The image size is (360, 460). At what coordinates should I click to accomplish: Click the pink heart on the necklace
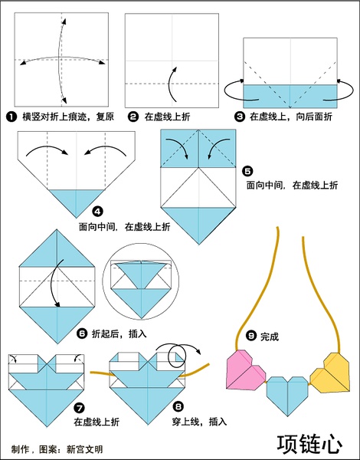click(x=245, y=370)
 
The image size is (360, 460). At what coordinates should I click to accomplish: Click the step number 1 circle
click(x=11, y=117)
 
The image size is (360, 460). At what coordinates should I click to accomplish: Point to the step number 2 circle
click(x=133, y=117)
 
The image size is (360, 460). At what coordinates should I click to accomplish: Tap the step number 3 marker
click(x=240, y=117)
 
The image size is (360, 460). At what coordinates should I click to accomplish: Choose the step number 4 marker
click(x=97, y=212)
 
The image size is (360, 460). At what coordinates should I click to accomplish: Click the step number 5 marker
click(x=247, y=171)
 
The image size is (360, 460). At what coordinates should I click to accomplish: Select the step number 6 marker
click(x=82, y=333)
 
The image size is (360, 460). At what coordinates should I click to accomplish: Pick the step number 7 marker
click(x=80, y=408)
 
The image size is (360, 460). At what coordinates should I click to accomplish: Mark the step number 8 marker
click(x=178, y=406)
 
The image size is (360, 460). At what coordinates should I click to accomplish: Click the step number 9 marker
click(x=251, y=335)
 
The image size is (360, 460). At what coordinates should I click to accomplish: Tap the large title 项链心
click(x=310, y=444)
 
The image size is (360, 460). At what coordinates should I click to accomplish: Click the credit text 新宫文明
click(x=85, y=449)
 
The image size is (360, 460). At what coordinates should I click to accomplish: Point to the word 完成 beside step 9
click(x=270, y=337)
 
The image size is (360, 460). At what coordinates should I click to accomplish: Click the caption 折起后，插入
click(x=119, y=333)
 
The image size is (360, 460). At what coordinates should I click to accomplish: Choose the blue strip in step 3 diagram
click(x=290, y=97)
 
